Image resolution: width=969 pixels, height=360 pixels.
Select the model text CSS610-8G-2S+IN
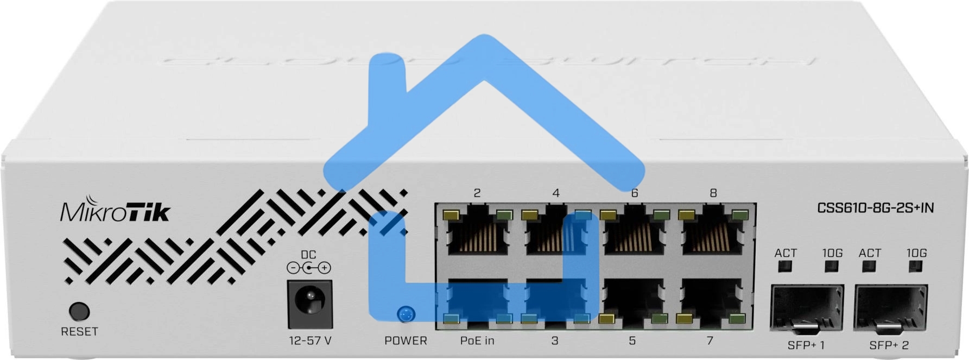coord(875,207)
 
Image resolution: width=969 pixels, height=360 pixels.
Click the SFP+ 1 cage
coord(807,308)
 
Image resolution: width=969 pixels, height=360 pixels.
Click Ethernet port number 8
coord(713,232)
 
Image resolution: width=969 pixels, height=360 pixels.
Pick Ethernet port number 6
coord(634,232)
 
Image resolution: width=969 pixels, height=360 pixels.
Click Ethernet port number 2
coord(477,232)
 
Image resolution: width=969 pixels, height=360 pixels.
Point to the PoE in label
coord(477,341)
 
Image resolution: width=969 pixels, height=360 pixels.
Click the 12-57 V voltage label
coord(309,341)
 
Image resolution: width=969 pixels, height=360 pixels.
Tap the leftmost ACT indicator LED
coord(785,266)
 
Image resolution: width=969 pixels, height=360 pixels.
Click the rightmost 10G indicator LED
coord(916,266)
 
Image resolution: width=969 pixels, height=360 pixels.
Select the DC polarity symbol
coord(308,268)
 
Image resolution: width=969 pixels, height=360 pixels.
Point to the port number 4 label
coord(555,193)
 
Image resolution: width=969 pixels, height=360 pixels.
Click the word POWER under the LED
coord(406,341)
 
